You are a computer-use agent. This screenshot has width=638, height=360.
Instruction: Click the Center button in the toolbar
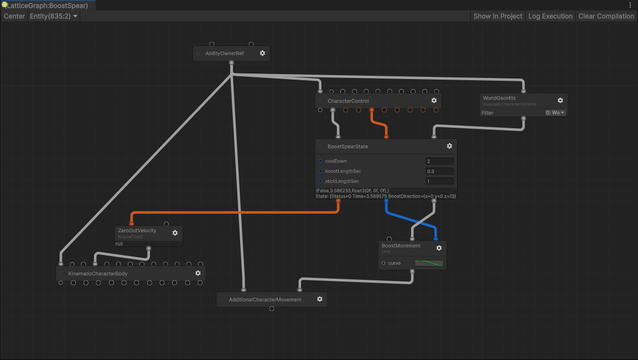[14, 16]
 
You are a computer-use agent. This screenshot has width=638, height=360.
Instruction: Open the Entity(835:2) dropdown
[54, 16]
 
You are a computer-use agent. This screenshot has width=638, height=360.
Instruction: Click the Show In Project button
[497, 16]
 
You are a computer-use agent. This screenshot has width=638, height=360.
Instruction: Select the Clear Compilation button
[606, 16]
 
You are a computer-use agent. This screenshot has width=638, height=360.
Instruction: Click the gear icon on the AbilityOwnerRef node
[262, 53]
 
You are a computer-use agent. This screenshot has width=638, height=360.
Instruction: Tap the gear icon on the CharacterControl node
[434, 101]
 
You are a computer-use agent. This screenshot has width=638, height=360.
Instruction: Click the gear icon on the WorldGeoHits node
[560, 101]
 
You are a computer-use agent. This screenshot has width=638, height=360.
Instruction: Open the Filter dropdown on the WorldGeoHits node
[555, 113]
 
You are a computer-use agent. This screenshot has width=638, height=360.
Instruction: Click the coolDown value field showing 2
[439, 161]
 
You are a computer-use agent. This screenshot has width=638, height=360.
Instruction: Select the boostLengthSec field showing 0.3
[439, 171]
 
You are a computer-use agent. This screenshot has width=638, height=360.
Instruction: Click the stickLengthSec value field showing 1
[439, 181]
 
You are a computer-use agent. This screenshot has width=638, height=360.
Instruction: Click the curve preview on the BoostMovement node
[429, 263]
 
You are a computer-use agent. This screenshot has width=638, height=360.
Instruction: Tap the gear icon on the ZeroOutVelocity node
[175, 233]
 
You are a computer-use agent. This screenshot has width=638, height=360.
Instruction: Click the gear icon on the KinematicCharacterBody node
[198, 273]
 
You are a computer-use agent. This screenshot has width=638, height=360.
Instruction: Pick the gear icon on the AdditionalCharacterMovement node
[319, 299]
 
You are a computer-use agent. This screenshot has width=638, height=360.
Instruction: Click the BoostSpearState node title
[347, 147]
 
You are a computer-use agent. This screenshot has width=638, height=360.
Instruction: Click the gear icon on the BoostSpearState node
[449, 146]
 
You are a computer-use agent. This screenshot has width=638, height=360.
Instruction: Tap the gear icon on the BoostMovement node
[439, 248]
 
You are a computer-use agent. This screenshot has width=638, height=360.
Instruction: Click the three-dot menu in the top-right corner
[630, 4]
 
